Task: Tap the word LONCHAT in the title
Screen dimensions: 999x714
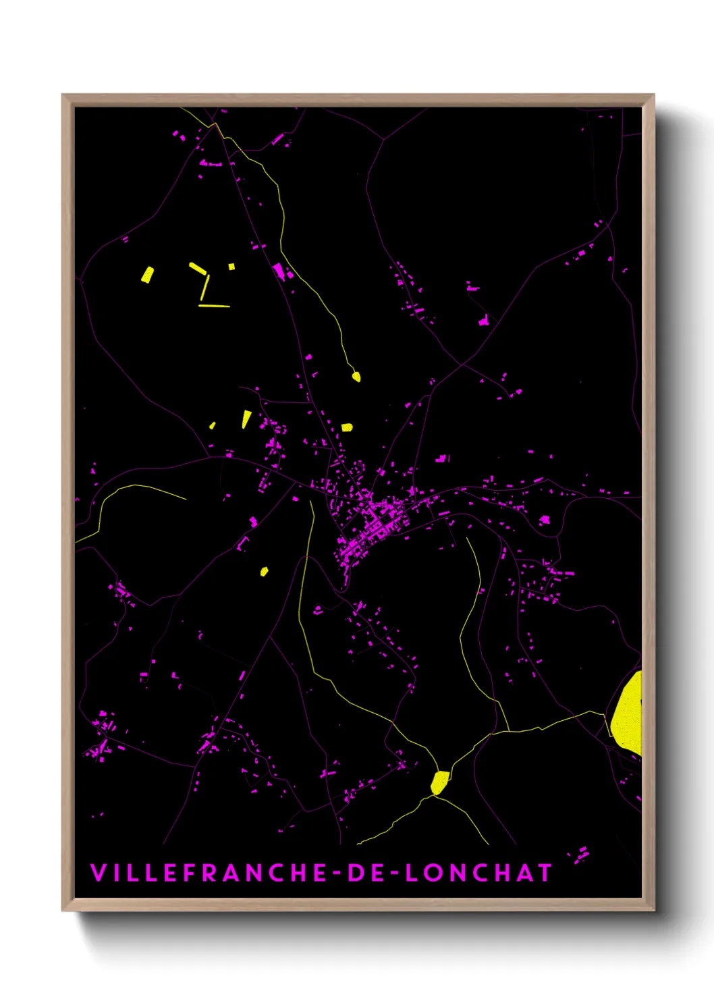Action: point(478,873)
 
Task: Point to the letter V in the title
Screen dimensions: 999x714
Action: point(99,873)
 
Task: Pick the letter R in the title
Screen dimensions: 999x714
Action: point(211,873)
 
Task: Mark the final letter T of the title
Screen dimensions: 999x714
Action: point(544,873)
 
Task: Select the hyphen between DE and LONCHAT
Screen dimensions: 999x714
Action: point(395,873)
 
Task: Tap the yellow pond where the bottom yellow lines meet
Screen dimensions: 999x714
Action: point(439,782)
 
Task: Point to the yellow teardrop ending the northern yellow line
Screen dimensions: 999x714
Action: point(356,377)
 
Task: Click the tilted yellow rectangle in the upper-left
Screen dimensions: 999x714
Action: point(147,275)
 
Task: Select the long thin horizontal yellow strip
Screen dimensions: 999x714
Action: point(214,306)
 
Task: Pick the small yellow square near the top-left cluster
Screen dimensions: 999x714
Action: point(231,267)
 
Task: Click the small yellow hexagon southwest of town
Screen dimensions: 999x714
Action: point(264,572)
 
